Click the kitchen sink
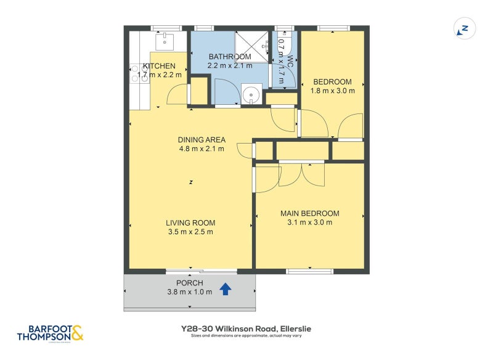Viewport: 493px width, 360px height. click(x=165, y=42)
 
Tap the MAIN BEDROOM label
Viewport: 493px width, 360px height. click(x=309, y=214)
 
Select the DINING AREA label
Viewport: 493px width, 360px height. click(x=202, y=139)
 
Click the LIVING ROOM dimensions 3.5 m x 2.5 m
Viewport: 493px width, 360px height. click(x=190, y=232)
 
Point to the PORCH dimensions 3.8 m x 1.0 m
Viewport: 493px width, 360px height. click(x=189, y=292)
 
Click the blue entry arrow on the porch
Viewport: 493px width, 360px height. click(x=226, y=288)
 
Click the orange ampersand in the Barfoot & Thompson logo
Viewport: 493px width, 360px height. click(x=76, y=333)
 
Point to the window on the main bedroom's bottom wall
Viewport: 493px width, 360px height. click(x=310, y=271)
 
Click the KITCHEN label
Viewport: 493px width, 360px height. click(x=159, y=66)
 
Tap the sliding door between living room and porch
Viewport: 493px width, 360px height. click(x=202, y=271)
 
